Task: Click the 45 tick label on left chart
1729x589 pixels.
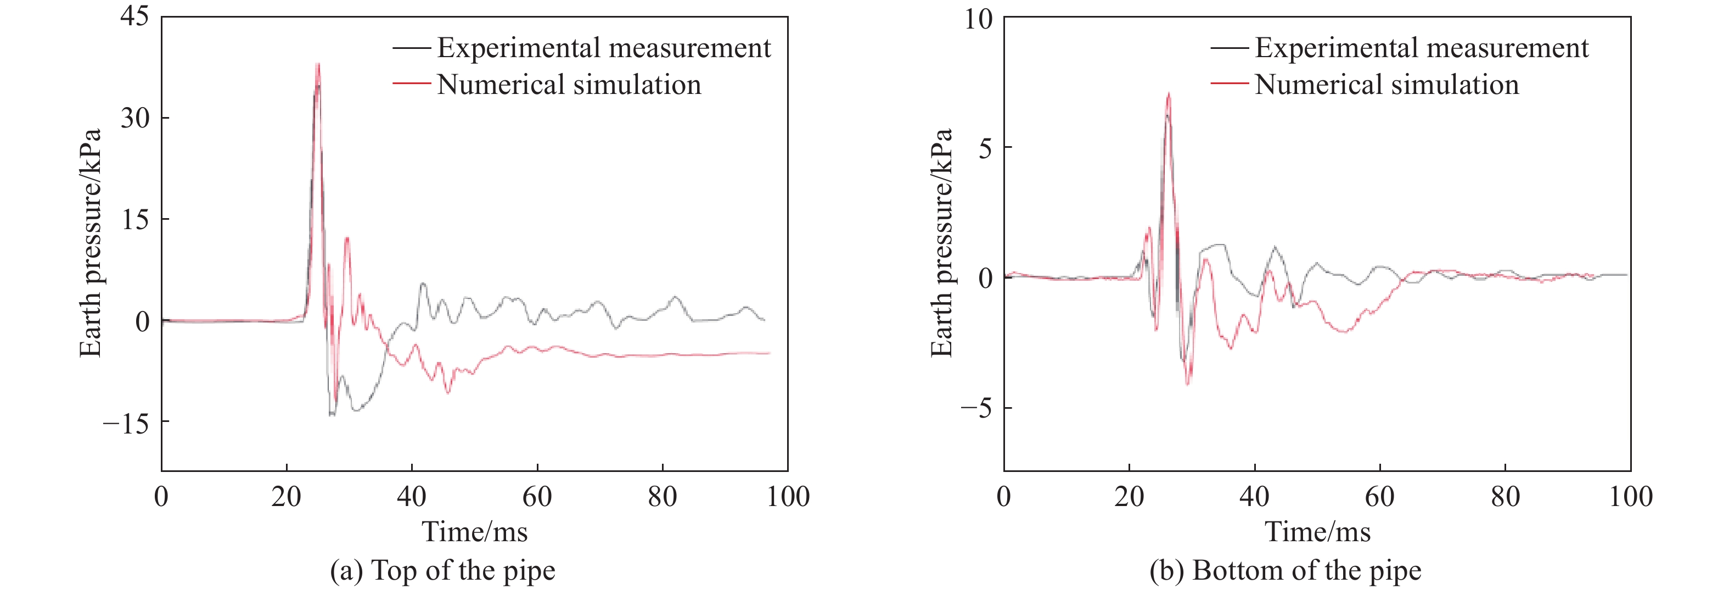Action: coord(134,16)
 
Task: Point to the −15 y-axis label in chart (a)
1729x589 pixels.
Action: coord(126,423)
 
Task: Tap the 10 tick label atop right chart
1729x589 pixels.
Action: coord(978,19)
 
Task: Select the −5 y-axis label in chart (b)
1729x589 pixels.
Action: coord(976,408)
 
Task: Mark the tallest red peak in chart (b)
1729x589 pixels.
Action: coord(1169,93)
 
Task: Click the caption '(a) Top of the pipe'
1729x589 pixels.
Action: coord(442,571)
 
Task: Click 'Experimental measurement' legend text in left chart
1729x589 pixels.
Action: coord(603,48)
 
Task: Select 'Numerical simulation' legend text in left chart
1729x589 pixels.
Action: coord(569,85)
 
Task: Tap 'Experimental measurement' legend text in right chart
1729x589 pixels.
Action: coord(1422,48)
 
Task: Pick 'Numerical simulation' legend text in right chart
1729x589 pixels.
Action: coord(1386,85)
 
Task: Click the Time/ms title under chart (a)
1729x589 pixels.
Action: coord(475,532)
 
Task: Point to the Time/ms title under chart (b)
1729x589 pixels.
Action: coord(1317,532)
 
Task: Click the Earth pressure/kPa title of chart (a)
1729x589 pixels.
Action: coord(91,243)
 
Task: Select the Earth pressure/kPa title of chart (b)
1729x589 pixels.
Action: coord(942,243)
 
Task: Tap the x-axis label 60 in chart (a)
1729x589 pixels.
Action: coord(537,497)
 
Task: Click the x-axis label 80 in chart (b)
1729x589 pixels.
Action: coord(1506,497)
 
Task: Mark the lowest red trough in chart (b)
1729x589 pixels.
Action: coord(1188,384)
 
